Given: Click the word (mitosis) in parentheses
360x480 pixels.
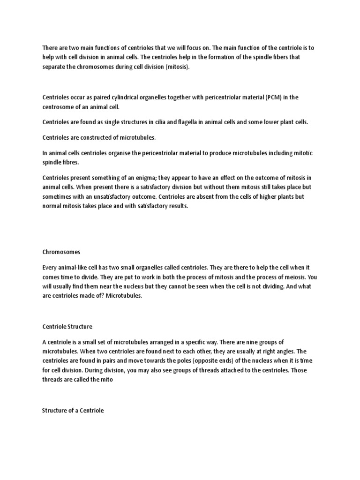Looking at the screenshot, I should [179, 67].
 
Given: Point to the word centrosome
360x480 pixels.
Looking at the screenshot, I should [59, 106].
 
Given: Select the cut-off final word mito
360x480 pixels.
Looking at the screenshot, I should [105, 379].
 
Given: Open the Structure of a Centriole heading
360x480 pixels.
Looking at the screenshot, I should [73, 411].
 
